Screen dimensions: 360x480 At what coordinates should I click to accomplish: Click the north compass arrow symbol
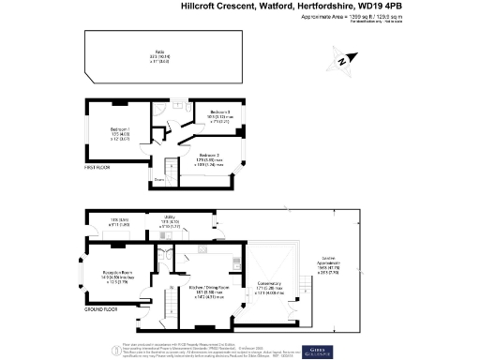click(x=342, y=60)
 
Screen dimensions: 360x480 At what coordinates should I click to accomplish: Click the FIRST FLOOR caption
click(x=98, y=168)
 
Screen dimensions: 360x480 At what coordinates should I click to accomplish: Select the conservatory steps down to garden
click(x=305, y=284)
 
